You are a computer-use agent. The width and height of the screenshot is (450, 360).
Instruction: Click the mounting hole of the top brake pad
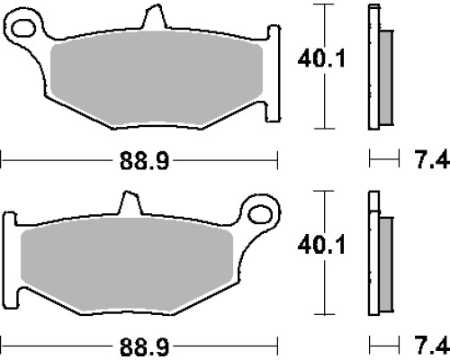[x=23, y=28]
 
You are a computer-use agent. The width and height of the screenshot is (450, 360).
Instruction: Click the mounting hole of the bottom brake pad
[x=260, y=214]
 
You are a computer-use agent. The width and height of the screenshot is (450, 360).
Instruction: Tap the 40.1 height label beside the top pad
[x=321, y=58]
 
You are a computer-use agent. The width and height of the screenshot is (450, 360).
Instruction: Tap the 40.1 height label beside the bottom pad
[x=321, y=246]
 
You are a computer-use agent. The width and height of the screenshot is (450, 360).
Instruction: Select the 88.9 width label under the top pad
[x=144, y=161]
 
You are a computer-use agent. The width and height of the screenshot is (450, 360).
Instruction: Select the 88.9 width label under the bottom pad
[x=144, y=347]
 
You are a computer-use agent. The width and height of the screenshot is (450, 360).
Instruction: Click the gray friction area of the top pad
[x=157, y=78]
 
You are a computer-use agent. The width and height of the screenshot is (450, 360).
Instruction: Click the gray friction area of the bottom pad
[x=127, y=265]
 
